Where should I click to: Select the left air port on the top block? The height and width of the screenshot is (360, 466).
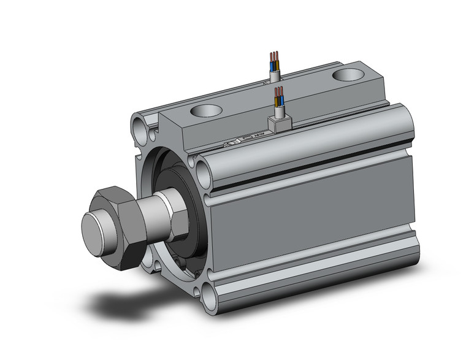click(205, 111)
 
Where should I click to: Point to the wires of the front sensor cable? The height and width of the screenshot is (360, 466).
click(279, 96)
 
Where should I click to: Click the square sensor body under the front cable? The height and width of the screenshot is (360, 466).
click(280, 124)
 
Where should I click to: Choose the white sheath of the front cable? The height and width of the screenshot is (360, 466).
click(280, 111)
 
